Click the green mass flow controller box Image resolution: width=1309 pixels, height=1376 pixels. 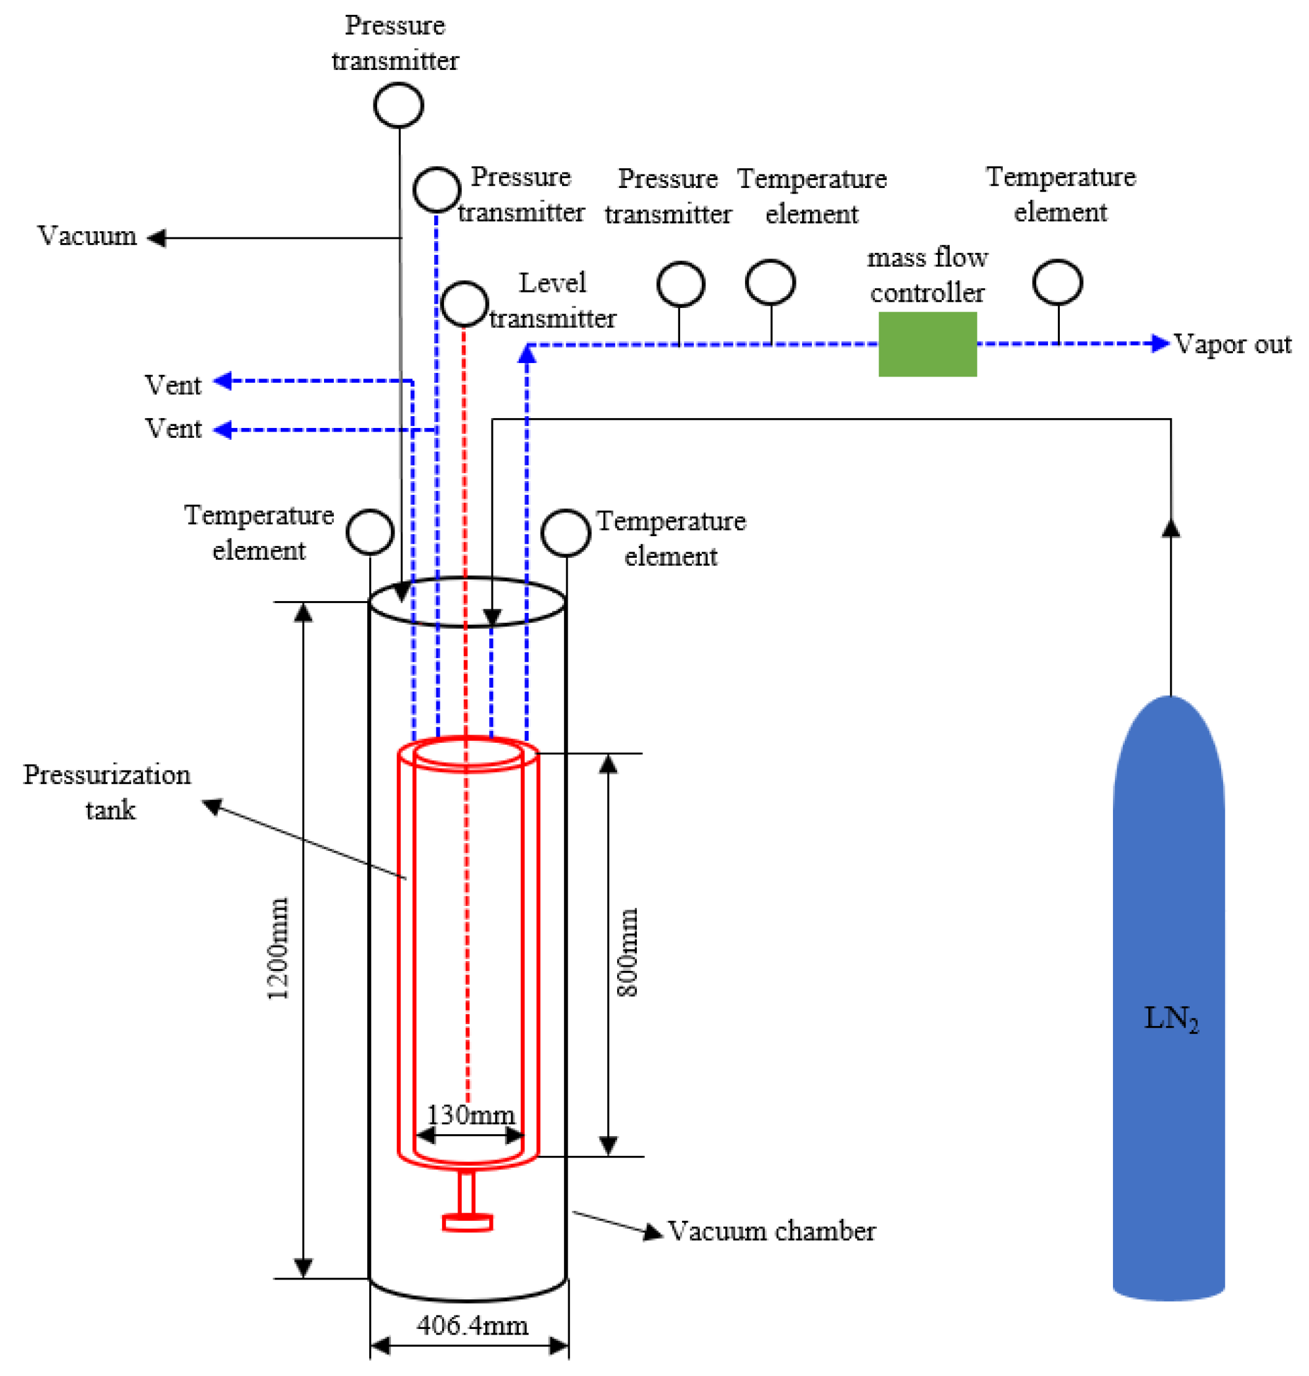(x=927, y=344)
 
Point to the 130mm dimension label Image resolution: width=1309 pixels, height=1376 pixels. (x=471, y=1114)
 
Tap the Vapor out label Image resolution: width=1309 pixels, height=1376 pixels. (x=1232, y=344)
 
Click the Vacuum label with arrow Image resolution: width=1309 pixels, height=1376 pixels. (x=87, y=236)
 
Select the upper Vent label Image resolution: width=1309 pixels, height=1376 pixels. (x=173, y=385)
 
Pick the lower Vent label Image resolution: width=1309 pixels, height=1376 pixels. (x=173, y=429)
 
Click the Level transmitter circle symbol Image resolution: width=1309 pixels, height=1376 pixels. (x=464, y=304)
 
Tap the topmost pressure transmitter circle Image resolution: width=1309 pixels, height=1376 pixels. (x=398, y=105)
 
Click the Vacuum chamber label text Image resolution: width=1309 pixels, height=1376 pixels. (x=771, y=1231)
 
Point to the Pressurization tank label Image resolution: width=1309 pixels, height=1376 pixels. (x=107, y=792)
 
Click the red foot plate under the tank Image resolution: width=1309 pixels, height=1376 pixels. (x=467, y=1223)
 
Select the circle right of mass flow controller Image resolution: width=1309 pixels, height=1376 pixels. (x=1057, y=283)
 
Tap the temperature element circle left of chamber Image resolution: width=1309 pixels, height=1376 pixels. (x=370, y=532)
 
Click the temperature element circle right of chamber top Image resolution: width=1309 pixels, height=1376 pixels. (x=565, y=533)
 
